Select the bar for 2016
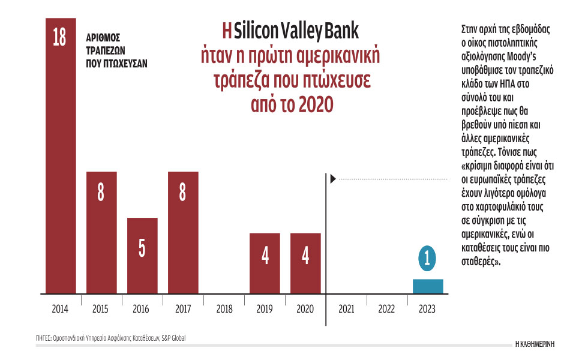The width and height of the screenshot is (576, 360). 142,258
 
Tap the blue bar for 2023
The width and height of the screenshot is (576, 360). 428,286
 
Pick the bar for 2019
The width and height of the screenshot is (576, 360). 265,264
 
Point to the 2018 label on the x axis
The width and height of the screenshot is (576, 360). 223,309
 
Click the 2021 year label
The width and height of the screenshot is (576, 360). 346,309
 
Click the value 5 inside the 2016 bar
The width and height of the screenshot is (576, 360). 142,248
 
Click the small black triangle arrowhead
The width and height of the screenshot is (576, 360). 334,178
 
